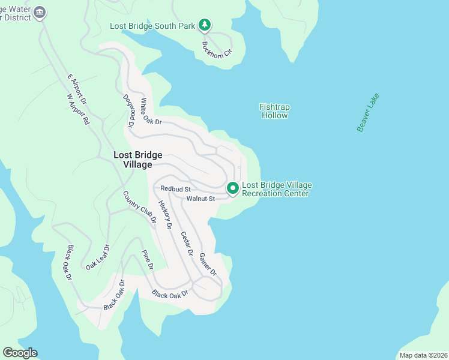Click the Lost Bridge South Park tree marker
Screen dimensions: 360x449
(x=205, y=25)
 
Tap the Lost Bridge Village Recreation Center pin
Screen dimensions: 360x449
(x=232, y=188)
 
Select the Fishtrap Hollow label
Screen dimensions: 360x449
(x=274, y=111)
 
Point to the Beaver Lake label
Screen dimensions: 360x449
(x=368, y=113)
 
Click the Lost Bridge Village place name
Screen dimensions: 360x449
(x=137, y=160)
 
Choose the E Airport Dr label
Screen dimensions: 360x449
(x=77, y=88)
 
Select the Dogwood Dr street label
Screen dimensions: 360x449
(x=127, y=111)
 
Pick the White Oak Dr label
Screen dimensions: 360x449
(x=151, y=113)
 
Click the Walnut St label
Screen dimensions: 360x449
(x=200, y=199)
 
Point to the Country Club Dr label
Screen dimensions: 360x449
(x=139, y=207)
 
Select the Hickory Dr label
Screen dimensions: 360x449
(x=165, y=215)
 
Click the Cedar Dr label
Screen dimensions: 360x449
(x=187, y=244)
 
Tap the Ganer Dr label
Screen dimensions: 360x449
(x=207, y=265)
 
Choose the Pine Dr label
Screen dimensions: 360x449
(x=147, y=260)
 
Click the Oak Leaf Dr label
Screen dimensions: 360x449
(x=98, y=257)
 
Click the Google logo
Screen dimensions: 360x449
(x=20, y=353)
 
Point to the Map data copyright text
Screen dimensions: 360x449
(x=423, y=355)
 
